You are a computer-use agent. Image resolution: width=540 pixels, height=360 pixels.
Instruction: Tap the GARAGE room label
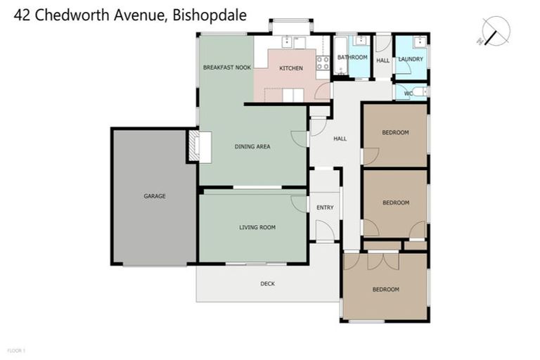click(155, 196)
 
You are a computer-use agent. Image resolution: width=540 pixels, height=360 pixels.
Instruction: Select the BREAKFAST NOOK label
click(226, 67)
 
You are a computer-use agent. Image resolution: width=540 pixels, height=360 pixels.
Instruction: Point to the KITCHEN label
click(291, 68)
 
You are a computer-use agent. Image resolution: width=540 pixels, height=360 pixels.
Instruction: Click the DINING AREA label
click(252, 147)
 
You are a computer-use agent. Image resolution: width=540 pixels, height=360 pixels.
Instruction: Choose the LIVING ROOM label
click(257, 227)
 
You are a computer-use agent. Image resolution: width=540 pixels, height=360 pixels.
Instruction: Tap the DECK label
click(267, 283)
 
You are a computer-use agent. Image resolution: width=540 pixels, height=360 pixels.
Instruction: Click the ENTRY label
click(325, 207)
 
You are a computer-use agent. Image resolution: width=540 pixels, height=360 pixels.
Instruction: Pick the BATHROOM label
click(352, 57)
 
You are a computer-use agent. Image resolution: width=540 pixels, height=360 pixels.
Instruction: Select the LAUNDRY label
click(411, 59)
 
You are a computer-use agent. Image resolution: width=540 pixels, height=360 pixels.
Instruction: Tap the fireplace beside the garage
click(193, 146)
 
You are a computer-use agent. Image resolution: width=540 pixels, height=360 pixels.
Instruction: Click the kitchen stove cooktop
click(323, 63)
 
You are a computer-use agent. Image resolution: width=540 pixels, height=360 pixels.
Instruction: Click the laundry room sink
click(419, 41)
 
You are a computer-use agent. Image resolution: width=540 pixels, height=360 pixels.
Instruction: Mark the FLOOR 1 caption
click(15, 349)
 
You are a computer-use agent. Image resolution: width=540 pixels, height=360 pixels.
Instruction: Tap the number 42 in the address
click(22, 15)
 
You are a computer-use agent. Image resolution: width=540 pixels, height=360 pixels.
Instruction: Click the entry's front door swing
click(323, 230)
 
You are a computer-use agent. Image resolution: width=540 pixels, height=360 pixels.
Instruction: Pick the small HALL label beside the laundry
click(382, 60)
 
